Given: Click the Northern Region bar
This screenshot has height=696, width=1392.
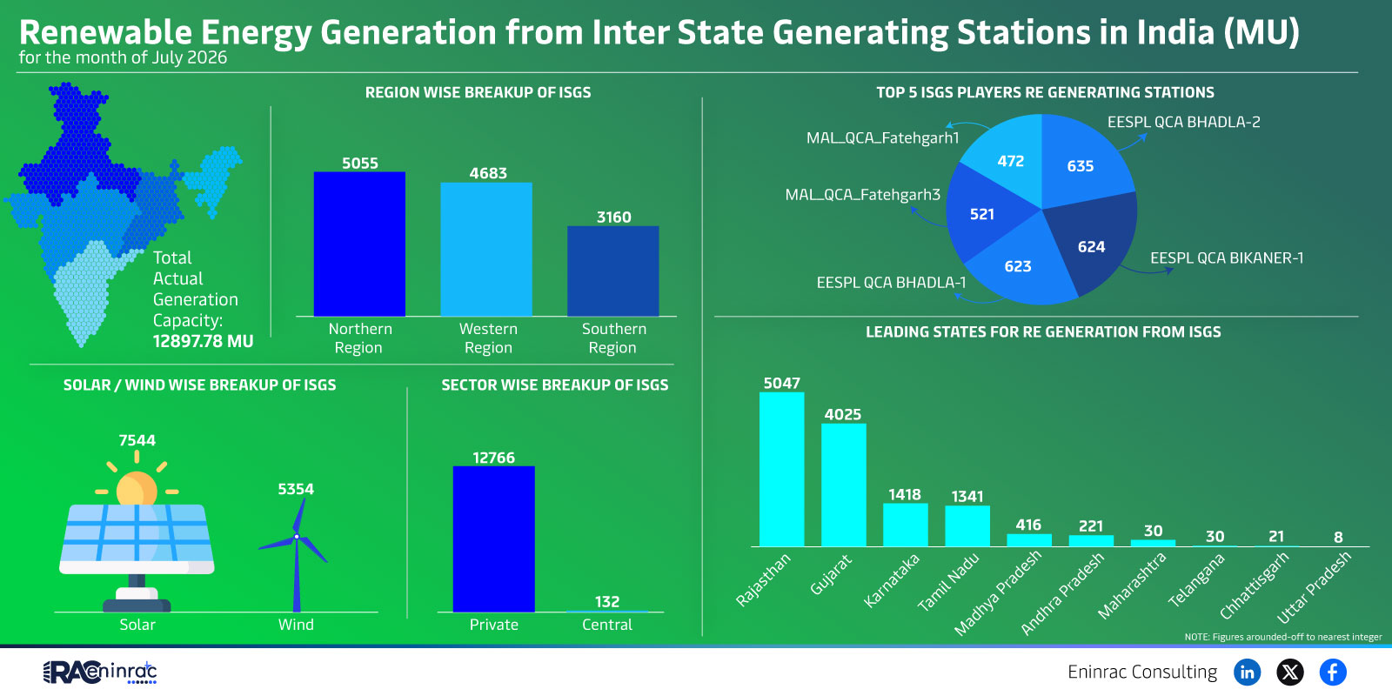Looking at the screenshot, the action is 359,244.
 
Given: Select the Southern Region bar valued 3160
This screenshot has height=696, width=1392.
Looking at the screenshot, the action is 612,271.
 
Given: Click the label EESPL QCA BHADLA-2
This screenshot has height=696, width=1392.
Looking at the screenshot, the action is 1184,122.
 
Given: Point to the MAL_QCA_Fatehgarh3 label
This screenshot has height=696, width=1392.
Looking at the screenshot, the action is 862,195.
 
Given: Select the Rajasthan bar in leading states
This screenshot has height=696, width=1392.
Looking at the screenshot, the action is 782,469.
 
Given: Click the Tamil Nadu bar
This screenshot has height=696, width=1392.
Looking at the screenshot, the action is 967,526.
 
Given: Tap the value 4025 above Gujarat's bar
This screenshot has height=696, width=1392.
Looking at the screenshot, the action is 843,414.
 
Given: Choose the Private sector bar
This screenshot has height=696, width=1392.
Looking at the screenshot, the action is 494,539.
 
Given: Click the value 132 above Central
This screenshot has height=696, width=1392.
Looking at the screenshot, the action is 607,601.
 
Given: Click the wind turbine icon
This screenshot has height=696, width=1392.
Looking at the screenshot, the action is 295,554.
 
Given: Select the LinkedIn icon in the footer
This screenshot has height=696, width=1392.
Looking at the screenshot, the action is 1247,673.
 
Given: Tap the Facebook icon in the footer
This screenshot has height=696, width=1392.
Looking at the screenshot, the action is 1333,673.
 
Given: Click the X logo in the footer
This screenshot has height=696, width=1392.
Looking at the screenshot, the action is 1290,673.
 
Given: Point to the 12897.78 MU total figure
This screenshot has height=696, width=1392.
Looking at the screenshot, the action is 204,342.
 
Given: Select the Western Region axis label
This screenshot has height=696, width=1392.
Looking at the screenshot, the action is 488,338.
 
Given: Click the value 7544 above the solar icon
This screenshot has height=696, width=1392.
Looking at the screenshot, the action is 137,440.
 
